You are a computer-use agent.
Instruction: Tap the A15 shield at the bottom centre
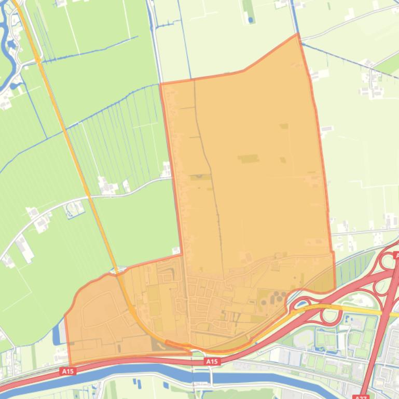pos(211,361)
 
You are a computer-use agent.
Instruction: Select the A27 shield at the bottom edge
pos(360,397)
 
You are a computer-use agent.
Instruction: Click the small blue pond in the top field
pos(251,20)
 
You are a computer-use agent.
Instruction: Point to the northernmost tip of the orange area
pos(298,34)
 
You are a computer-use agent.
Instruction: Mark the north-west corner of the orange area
pos(160,84)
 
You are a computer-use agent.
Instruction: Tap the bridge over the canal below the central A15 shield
pos(211,379)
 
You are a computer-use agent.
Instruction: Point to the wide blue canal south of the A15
pos(130,372)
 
